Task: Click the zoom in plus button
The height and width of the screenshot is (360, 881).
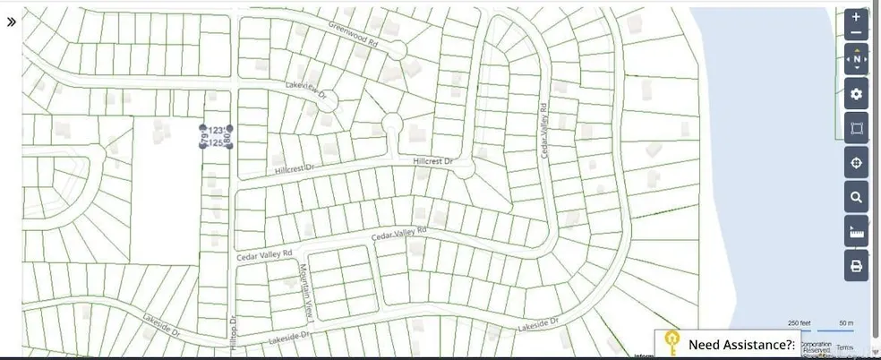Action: click(856, 18)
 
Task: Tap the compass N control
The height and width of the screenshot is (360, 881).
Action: click(856, 60)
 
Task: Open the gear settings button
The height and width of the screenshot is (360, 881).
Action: click(856, 94)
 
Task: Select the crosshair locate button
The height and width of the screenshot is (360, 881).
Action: click(856, 163)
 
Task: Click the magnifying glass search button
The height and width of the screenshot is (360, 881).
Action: click(856, 197)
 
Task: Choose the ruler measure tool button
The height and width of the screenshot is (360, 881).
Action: click(856, 232)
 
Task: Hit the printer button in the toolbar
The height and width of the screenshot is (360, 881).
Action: click(856, 266)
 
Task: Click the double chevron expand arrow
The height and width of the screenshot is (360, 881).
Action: click(12, 21)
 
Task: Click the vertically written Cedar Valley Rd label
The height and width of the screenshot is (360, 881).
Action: click(543, 131)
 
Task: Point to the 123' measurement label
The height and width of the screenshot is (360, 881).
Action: click(216, 130)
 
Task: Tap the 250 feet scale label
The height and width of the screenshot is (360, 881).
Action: click(800, 323)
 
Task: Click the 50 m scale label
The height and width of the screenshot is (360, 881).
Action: click(845, 323)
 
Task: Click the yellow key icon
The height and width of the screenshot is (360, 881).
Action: click(672, 344)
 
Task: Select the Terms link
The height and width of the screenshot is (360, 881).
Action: click(845, 347)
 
